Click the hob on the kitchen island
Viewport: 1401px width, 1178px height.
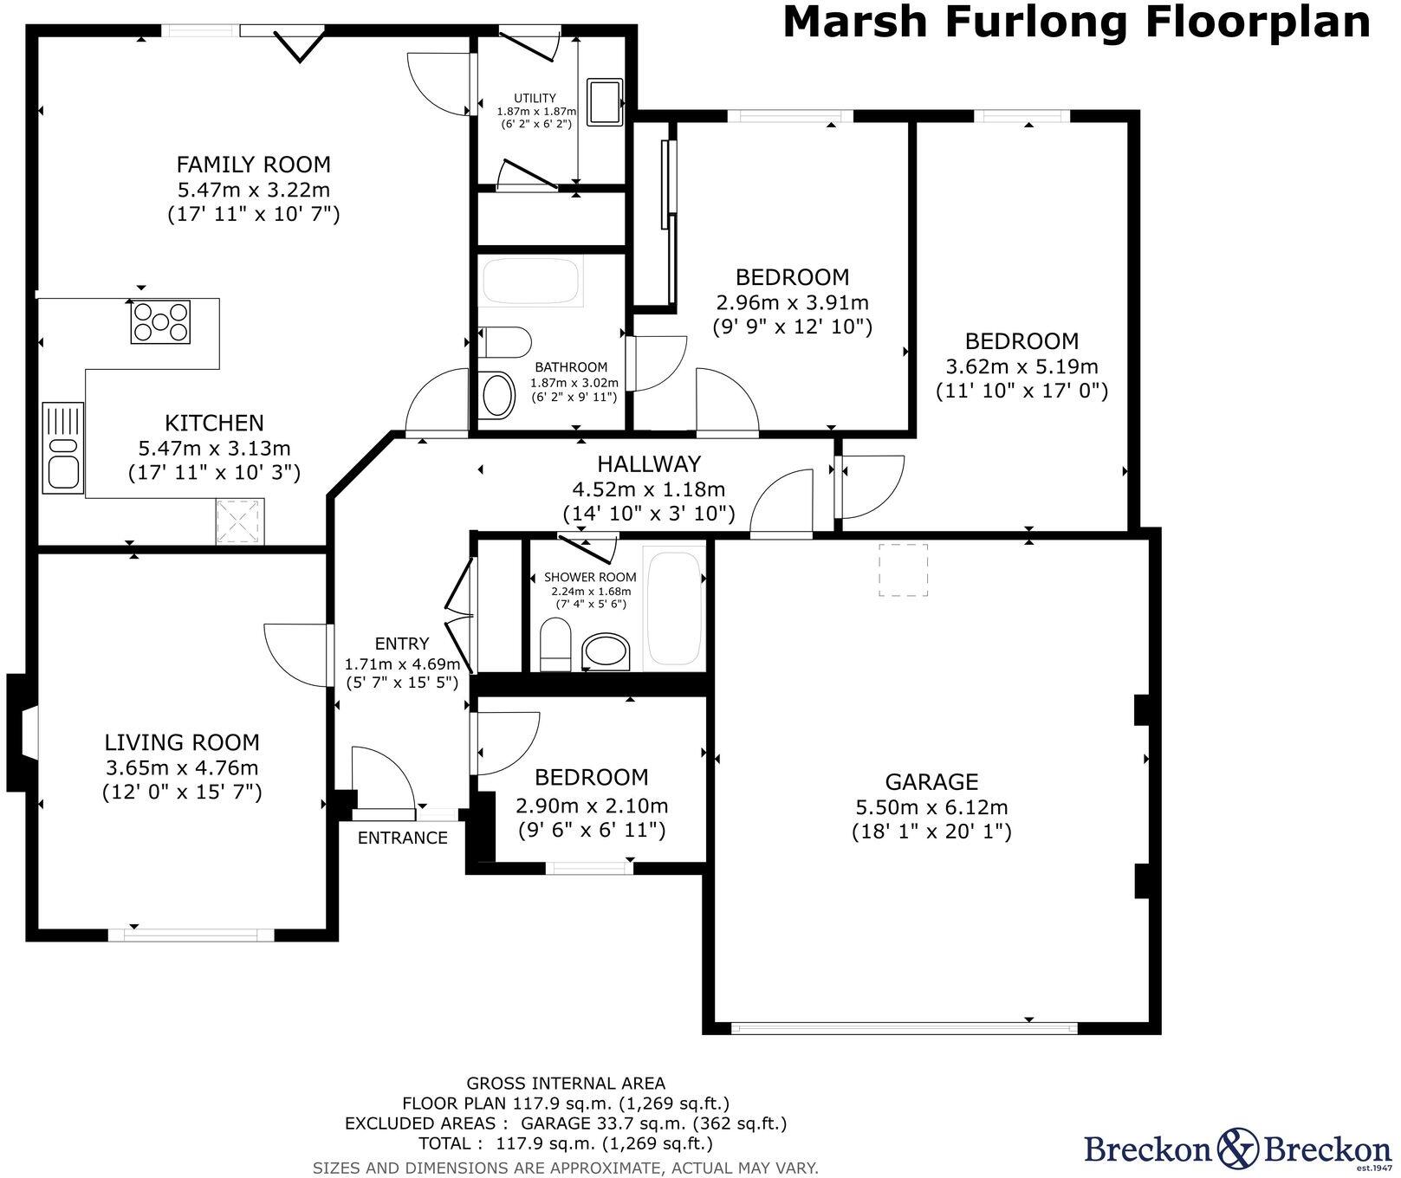pyautogui.click(x=160, y=320)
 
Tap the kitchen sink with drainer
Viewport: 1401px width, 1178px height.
pyautogui.click(x=62, y=448)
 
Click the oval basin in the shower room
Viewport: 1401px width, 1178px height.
pyautogui.click(x=606, y=650)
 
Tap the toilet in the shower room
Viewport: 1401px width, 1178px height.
pyautogui.click(x=555, y=644)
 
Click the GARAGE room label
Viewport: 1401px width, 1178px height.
pyautogui.click(x=931, y=782)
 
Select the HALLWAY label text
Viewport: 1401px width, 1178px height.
pyautogui.click(x=648, y=465)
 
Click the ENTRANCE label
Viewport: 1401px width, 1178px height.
pyautogui.click(x=402, y=838)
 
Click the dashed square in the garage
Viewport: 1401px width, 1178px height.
pyautogui.click(x=903, y=569)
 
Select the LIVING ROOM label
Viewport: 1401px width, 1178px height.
pyautogui.click(x=182, y=742)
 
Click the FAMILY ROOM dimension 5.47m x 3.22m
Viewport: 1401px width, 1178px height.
pyautogui.click(x=253, y=189)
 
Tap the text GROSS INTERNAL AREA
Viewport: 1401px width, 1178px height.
pyautogui.click(x=566, y=1083)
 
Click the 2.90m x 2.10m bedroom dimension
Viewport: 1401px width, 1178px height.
pyautogui.click(x=592, y=806)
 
